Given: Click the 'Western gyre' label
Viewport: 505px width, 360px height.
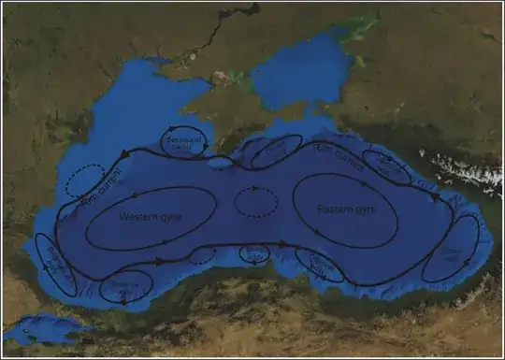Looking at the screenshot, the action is tap(150, 216).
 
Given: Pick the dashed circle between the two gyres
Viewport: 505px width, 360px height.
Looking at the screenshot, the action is tap(254, 201).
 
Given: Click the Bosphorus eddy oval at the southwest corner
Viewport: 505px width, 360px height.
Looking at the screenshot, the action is tap(55, 263).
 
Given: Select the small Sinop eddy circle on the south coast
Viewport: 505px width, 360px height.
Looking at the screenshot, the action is tap(254, 252).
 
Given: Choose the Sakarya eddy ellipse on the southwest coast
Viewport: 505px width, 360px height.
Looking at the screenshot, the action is tap(126, 285).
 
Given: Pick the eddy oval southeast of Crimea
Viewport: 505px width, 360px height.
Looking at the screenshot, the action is tap(276, 151).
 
